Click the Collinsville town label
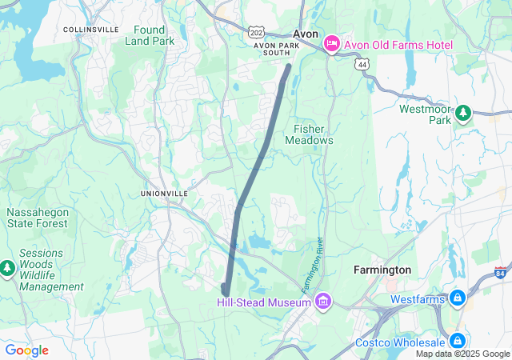click(x=90, y=30)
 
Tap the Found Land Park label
click(x=149, y=35)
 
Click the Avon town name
click(x=306, y=34)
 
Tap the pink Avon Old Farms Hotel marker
click(x=332, y=44)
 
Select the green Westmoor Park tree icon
click(x=462, y=113)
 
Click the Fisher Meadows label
click(x=309, y=134)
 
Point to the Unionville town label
click(x=164, y=194)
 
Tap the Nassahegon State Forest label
click(x=38, y=218)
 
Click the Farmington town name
click(x=382, y=270)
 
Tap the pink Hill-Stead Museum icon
click(x=322, y=301)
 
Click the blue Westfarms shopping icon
click(x=458, y=299)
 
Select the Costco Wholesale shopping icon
click(x=458, y=342)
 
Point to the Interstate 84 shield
click(x=502, y=273)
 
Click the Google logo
click(x=26, y=350)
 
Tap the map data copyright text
click(x=462, y=354)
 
